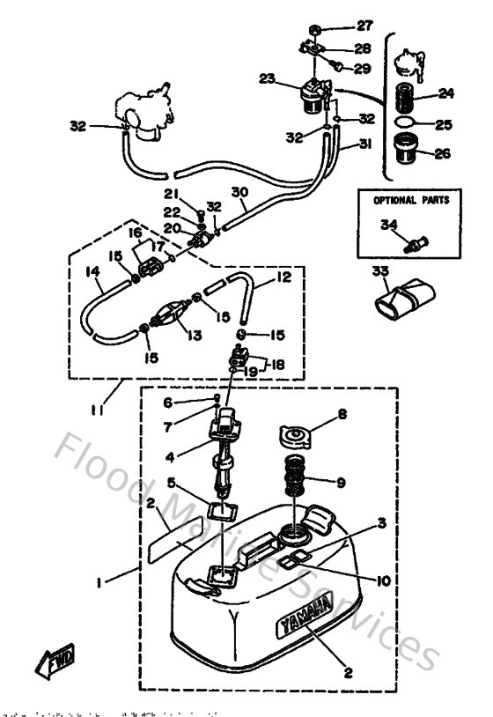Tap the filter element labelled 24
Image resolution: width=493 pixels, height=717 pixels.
point(408,94)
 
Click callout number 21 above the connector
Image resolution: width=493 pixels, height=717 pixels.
point(171,194)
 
